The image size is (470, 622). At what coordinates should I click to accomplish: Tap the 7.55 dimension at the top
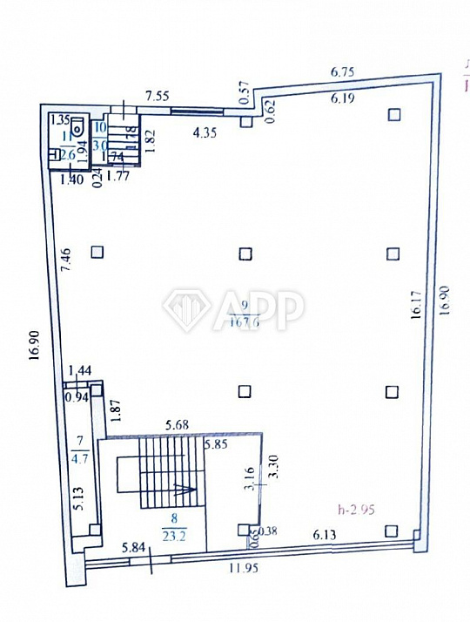pos(157,95)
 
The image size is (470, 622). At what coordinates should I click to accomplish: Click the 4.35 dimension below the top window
pos(205,133)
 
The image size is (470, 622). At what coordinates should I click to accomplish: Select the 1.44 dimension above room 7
pos(80,372)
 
